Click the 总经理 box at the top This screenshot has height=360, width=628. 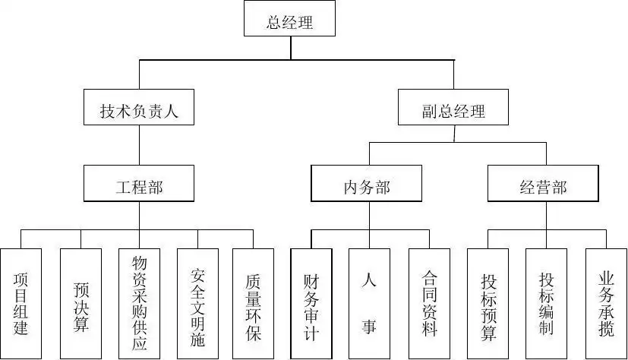289,21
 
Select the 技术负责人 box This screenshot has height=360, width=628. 139,111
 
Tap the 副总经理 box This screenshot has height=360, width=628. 453,112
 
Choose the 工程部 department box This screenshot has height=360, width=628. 139,186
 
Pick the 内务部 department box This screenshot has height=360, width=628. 366,186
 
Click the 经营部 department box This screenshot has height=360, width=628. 543,186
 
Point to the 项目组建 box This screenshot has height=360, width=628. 21,303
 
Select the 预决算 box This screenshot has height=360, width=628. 80,303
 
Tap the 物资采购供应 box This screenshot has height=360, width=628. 139,303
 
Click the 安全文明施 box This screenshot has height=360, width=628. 198,303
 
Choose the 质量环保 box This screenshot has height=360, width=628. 253,303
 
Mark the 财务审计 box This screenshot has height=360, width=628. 311,303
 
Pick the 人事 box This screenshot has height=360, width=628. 369,303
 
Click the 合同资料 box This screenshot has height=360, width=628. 429,303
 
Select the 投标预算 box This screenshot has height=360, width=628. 488,303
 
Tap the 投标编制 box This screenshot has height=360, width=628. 546,303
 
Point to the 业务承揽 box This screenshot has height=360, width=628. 605,303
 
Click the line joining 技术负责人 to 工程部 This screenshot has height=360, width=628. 139,147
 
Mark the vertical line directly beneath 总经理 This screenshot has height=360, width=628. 291,47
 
